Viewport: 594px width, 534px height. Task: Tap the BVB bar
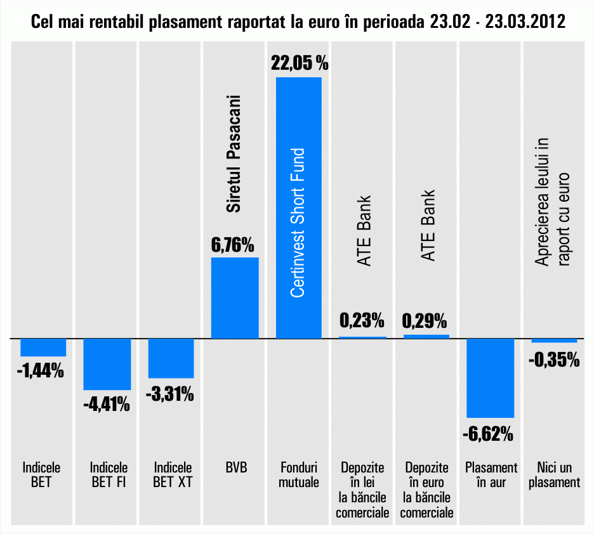tap(234, 297)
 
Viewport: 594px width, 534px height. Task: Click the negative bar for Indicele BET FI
tap(107, 364)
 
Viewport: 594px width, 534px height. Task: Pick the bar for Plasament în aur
tap(490, 378)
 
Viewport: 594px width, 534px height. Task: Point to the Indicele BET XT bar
tap(171, 358)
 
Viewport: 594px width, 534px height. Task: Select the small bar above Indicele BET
tap(43, 348)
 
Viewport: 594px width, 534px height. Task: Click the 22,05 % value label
tap(299, 63)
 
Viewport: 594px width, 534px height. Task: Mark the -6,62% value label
tap(488, 434)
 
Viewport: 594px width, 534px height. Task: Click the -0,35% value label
tap(553, 360)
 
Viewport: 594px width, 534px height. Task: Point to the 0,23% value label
tap(362, 320)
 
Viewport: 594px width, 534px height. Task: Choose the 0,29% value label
tap(425, 320)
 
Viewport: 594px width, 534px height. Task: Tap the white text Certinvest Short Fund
tap(298, 223)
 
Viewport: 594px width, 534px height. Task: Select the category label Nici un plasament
tap(555, 475)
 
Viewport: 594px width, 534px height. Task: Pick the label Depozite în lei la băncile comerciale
tap(362, 490)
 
